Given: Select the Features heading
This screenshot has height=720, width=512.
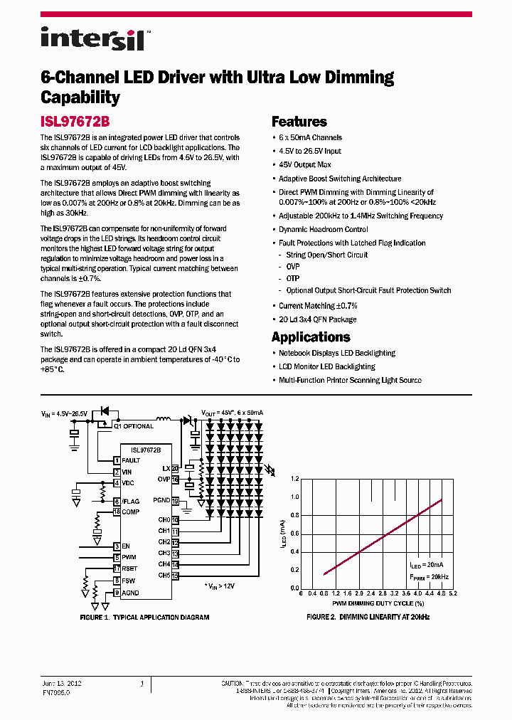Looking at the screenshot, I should click(x=299, y=122).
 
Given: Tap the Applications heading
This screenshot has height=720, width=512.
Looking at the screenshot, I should click(x=311, y=337).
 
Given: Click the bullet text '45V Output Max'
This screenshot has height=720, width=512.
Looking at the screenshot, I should click(x=305, y=164).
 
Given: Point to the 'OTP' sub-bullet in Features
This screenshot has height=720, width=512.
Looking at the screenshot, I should click(x=293, y=279).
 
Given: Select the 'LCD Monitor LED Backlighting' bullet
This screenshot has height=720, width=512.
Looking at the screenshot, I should click(x=327, y=366).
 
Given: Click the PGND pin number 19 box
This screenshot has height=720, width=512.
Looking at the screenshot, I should click(x=175, y=501).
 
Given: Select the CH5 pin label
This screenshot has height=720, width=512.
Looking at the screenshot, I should click(x=164, y=575).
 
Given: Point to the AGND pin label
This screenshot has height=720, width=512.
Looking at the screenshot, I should click(x=131, y=593).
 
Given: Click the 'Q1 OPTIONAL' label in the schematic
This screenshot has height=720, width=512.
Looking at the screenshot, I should click(x=134, y=426).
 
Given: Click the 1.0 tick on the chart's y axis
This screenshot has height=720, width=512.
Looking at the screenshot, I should click(x=295, y=497).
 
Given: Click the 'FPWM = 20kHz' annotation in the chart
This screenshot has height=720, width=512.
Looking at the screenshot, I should click(x=429, y=576).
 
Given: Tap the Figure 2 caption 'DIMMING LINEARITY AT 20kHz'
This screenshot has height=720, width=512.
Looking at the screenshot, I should click(x=368, y=617).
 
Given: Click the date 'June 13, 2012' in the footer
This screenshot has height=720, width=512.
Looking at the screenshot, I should click(x=62, y=683).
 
